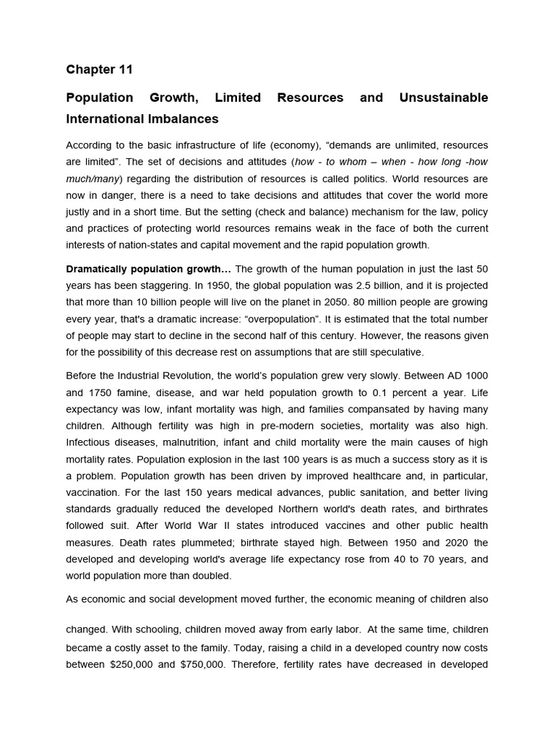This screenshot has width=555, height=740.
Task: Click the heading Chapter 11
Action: coord(100,69)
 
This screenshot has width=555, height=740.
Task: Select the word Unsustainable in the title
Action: coord(443,98)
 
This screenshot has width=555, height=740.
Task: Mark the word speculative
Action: coord(397,352)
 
